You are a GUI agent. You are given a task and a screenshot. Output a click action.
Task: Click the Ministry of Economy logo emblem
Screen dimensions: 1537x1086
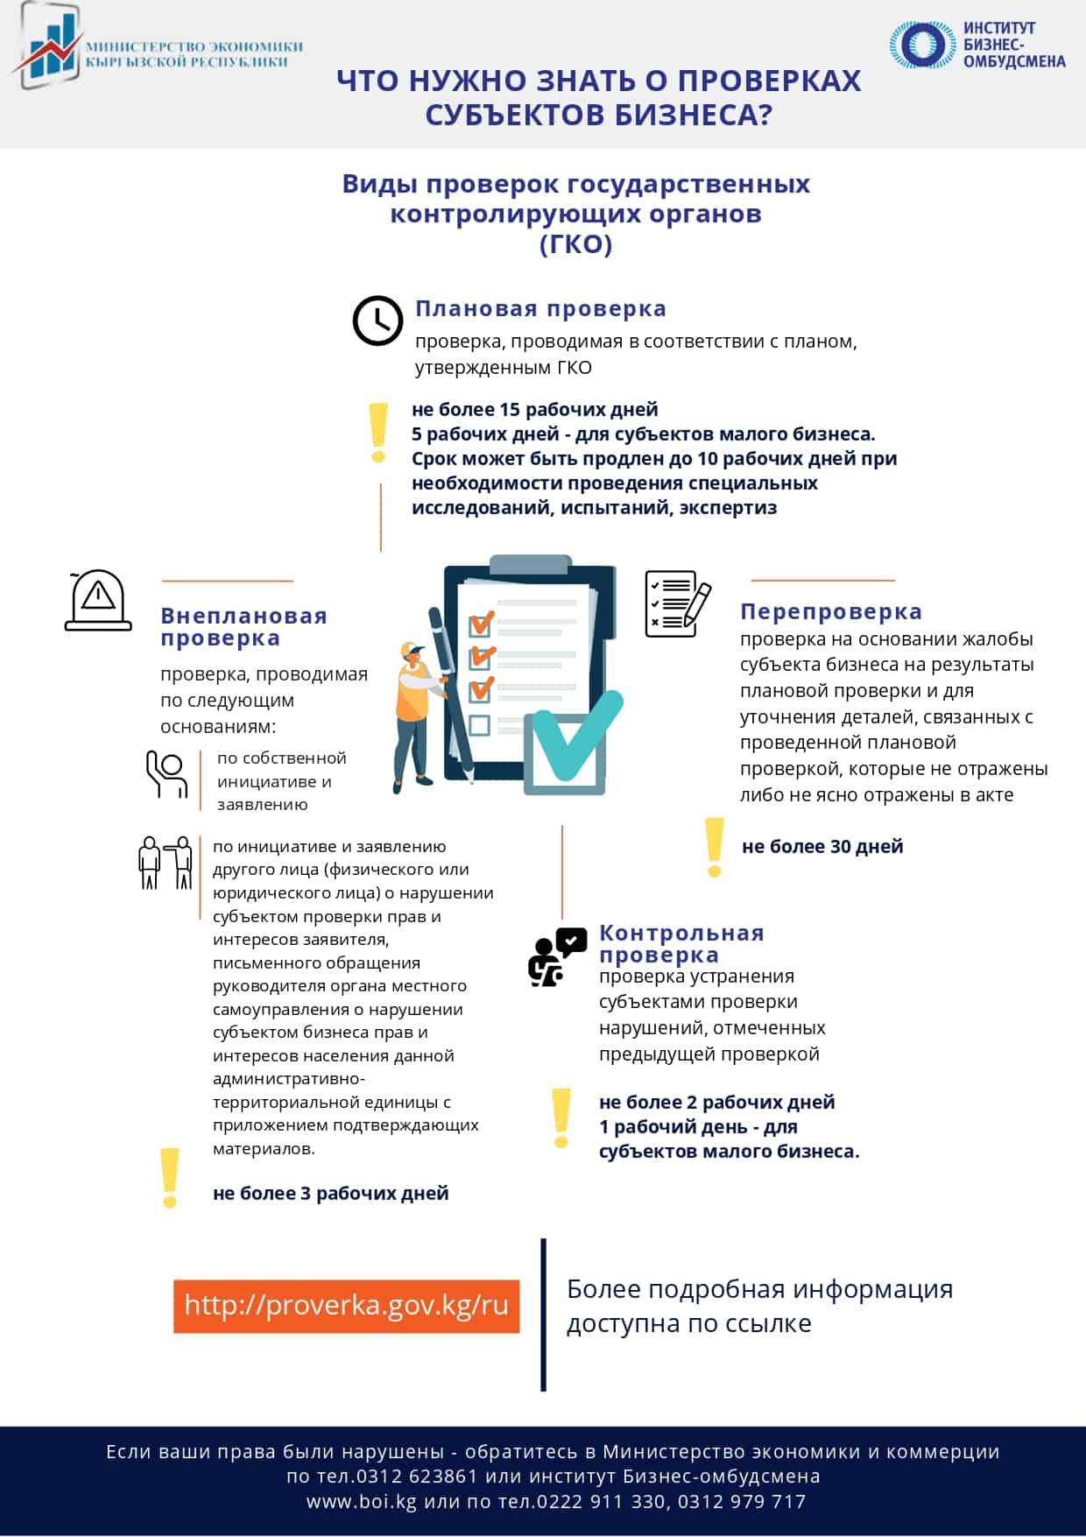point(48,46)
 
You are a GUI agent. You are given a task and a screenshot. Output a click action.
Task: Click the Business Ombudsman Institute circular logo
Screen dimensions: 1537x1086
point(921,45)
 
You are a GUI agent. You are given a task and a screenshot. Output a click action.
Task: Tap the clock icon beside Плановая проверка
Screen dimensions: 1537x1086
point(377,321)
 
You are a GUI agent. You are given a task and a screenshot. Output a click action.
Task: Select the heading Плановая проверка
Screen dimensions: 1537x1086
point(540,308)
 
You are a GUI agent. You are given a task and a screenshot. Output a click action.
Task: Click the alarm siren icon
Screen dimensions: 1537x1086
point(98,601)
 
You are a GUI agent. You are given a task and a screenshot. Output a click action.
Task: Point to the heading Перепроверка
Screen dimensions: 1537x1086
point(830,611)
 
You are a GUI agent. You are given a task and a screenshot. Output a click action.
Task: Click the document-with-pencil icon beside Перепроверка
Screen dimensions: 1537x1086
point(676,603)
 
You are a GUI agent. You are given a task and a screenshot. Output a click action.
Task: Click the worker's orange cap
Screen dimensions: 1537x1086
point(411,650)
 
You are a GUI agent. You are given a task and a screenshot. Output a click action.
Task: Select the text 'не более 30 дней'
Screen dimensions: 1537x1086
point(822,846)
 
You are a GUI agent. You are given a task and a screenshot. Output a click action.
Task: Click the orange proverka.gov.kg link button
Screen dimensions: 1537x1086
point(346,1306)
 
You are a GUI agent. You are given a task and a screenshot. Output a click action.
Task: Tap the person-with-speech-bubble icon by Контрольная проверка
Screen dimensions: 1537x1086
point(556,956)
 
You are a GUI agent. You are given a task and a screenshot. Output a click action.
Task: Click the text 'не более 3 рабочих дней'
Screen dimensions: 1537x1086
point(330,1193)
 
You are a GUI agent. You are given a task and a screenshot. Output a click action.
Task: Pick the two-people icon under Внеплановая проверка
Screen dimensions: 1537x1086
point(166,864)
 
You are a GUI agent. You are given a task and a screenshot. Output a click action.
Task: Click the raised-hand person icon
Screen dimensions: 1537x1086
point(166,774)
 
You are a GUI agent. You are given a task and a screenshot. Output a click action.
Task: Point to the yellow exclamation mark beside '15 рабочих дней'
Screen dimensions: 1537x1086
point(378,433)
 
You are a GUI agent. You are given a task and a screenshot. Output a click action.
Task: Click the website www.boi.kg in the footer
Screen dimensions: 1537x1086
point(362,1501)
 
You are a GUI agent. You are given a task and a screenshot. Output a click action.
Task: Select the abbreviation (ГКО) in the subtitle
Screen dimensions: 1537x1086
point(575,243)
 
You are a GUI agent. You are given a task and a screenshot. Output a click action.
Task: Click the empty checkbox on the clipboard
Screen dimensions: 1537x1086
point(479,724)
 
